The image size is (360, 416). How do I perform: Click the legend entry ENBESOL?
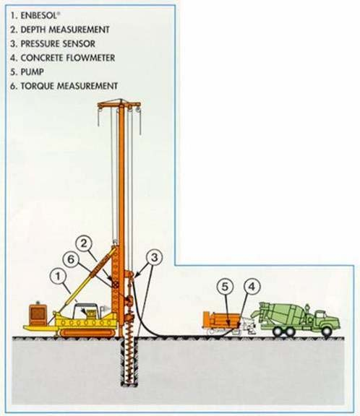pyautogui.click(x=34, y=15)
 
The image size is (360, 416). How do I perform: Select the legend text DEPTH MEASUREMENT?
pyautogui.click(x=60, y=30)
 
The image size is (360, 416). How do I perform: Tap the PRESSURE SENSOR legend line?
pyautogui.click(x=53, y=44)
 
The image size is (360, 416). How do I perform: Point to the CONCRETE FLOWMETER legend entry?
pyautogui.click(x=62, y=58)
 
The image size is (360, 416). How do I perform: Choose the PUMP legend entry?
pyautogui.click(x=27, y=72)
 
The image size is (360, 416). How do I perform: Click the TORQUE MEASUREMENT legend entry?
pyautogui.click(x=64, y=86)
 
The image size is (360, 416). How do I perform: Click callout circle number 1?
pyautogui.click(x=58, y=276)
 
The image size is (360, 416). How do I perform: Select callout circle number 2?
pyautogui.click(x=84, y=243)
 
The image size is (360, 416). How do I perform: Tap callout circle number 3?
pyautogui.click(x=154, y=257)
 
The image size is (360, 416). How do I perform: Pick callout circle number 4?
pyautogui.click(x=252, y=287)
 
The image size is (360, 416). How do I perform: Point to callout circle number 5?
pyautogui.click(x=225, y=287)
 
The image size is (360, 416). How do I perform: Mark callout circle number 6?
pyautogui.click(x=71, y=259)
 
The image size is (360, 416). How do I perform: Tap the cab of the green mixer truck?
pyautogui.click(x=322, y=318)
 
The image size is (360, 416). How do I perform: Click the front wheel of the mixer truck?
pyautogui.click(x=326, y=331)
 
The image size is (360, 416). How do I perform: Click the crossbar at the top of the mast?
pyautogui.click(x=119, y=104)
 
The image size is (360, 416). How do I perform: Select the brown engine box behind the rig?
pyautogui.click(x=38, y=315)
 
